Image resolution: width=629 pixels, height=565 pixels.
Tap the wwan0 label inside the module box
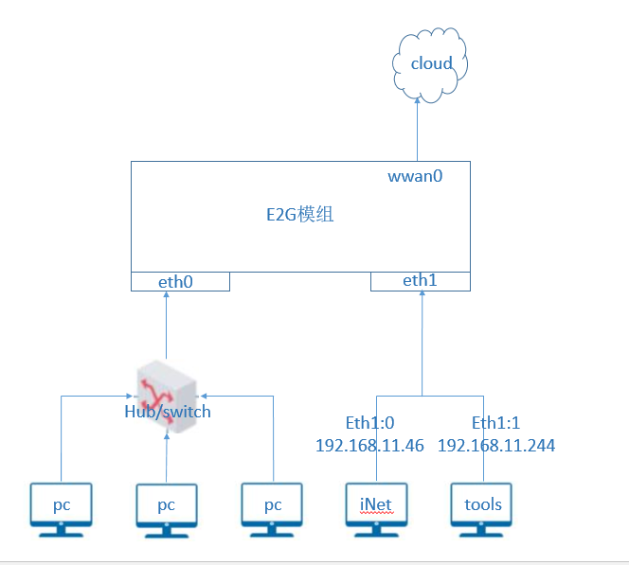[415, 176]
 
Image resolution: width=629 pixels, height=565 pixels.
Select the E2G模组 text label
[300, 215]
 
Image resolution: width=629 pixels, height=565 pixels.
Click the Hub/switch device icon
[167, 396]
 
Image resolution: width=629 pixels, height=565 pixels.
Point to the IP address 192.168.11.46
[369, 446]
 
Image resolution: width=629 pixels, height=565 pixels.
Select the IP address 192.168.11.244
[496, 446]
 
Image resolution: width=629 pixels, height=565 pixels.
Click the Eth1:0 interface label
[369, 423]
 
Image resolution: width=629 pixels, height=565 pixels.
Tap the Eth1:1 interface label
[495, 423]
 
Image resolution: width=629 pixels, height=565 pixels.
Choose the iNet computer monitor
[376, 510]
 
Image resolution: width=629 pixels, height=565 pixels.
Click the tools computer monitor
[481, 510]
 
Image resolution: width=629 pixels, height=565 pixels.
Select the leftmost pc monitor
[61, 510]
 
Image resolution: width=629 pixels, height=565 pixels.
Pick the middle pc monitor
[167, 510]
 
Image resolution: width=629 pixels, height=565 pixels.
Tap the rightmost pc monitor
[272, 510]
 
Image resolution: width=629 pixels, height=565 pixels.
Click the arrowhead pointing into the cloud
[417, 100]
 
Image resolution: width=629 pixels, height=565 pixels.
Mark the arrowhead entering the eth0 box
[166, 294]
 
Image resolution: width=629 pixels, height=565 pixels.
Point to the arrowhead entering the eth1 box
[422, 293]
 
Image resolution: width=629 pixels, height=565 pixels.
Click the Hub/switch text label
[168, 412]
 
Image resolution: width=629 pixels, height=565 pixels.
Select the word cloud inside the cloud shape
[432, 63]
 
